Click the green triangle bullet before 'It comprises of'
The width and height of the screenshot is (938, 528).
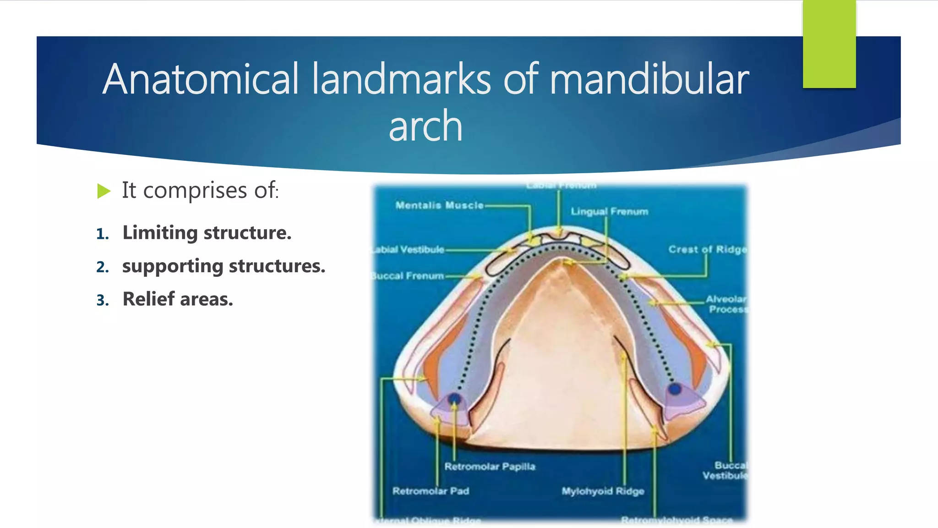point(104,191)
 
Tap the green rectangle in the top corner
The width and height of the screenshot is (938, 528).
point(829,44)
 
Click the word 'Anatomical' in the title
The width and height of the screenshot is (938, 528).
point(201,79)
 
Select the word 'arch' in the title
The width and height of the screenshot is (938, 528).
point(425,126)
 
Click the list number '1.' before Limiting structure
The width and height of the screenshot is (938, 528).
point(103,234)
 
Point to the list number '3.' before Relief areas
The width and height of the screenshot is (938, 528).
point(103,301)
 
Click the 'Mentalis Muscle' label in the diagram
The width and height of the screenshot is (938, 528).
point(439,205)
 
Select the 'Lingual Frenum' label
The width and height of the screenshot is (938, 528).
point(609,212)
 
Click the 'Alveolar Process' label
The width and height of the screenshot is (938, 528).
point(726,304)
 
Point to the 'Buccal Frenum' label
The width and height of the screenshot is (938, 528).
point(408,276)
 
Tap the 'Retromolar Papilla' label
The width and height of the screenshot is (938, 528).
point(490,467)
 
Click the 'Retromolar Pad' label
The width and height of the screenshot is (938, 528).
point(431,491)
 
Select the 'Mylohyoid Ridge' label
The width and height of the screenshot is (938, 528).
point(603,491)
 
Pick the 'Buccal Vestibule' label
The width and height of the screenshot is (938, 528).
point(725,471)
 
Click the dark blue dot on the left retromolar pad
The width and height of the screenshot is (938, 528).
point(454,399)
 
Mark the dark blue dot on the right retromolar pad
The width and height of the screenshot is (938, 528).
point(675,389)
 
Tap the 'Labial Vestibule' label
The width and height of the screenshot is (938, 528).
point(408,250)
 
